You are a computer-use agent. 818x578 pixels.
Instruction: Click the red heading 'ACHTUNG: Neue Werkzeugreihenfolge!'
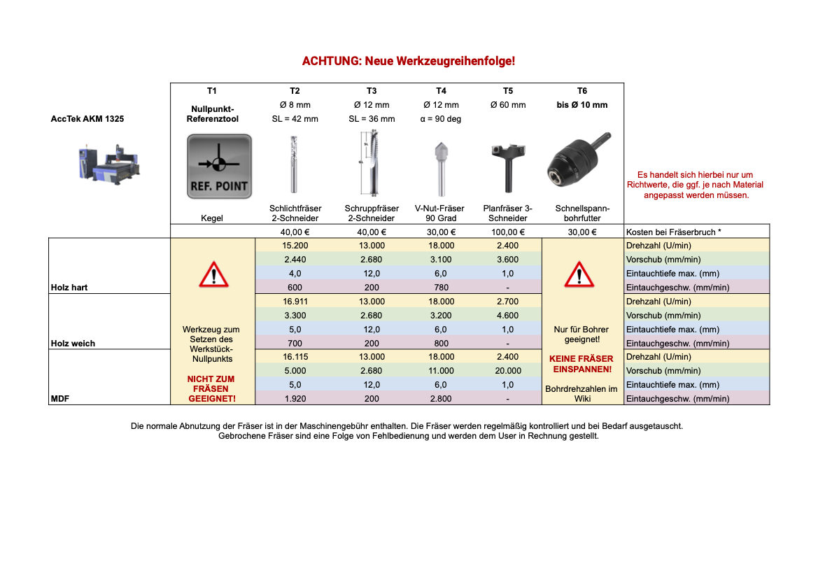409,61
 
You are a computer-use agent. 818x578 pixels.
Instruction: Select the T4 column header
441,91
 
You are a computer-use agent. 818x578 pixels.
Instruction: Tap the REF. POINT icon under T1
219,167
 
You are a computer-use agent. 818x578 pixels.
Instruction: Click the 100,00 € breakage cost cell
507,232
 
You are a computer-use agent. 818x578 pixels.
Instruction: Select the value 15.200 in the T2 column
295,246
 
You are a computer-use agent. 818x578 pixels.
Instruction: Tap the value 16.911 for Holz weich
295,302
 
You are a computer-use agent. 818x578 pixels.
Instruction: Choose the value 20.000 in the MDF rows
507,371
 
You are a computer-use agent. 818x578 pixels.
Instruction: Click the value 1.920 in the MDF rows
295,399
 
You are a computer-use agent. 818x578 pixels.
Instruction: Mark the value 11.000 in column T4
441,371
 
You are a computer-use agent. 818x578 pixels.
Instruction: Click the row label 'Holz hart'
69,288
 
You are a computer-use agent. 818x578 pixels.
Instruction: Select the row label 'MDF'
59,399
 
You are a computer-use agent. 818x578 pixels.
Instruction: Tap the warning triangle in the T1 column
213,274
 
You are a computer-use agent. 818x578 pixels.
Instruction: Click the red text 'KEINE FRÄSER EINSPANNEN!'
581,364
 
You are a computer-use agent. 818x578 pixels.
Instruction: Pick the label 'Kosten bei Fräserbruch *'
673,232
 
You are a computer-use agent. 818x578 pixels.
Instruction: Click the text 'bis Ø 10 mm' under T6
582,105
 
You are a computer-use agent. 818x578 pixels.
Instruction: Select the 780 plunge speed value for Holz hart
441,288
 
